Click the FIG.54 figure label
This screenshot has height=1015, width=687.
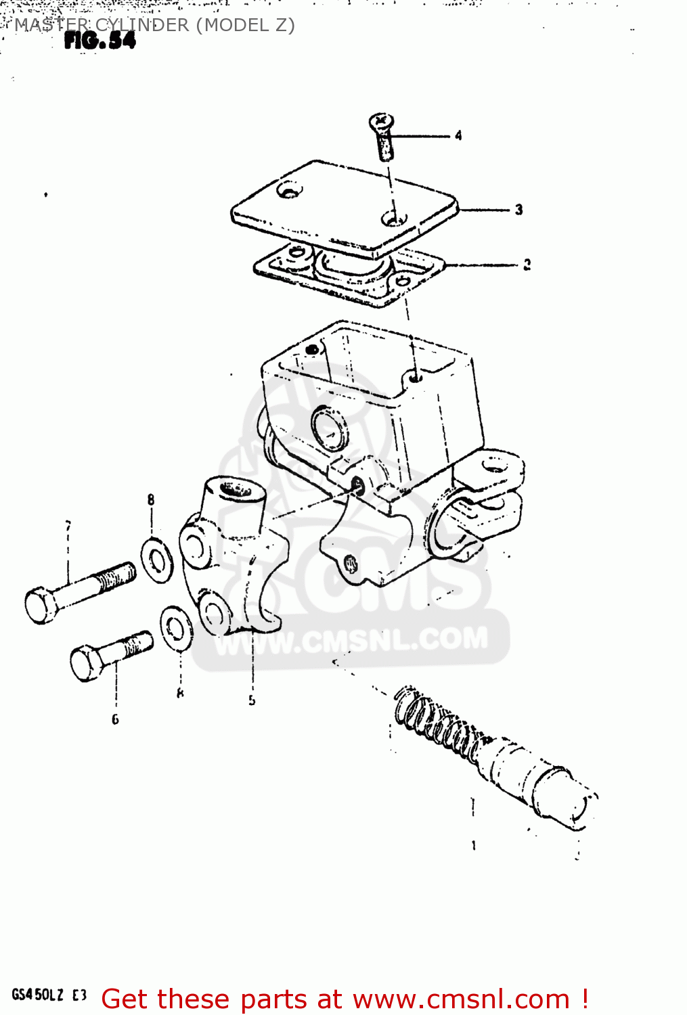pos(99,41)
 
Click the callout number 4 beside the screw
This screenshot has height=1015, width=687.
pos(458,135)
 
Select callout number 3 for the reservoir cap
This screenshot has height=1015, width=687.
pos(518,210)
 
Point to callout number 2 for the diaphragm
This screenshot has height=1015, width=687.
pos(527,265)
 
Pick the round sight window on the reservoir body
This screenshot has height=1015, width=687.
pos(330,428)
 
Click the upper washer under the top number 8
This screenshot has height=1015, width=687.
pos(157,560)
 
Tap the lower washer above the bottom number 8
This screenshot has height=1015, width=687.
pos(177,628)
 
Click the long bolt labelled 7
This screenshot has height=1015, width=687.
pos(78,589)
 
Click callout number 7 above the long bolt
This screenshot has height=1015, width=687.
pos(68,526)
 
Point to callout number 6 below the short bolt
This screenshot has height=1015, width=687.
pos(115,719)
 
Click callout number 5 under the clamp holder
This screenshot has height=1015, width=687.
pos(252,700)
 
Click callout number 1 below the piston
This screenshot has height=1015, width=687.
pos(474,845)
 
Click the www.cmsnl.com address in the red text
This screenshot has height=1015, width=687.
pos(461,999)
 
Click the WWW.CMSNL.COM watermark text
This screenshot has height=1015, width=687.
pos(352,640)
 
